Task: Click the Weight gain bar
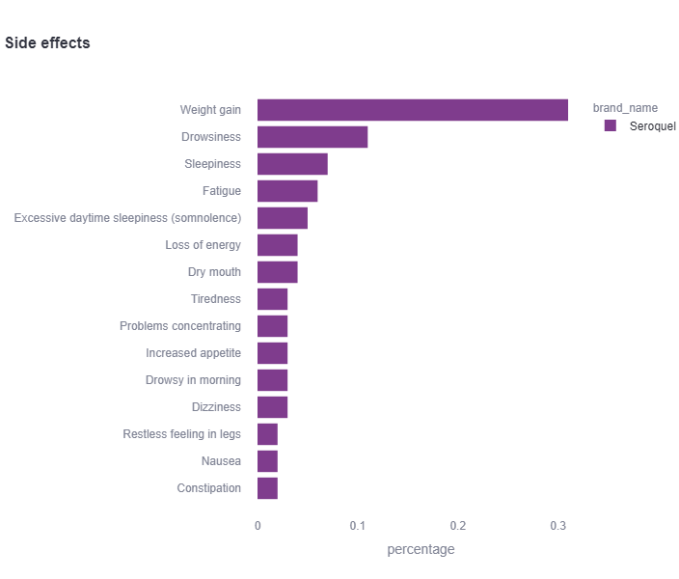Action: point(412,110)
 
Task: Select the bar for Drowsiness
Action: point(312,137)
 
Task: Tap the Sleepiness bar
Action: point(292,164)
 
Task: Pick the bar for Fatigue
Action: point(286,191)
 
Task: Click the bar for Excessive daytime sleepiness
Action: point(282,218)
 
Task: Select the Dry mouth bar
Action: point(277,272)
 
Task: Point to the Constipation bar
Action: point(267,488)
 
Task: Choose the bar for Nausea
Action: point(267,461)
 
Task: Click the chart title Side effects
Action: point(47,43)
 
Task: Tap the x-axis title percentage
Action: point(421,549)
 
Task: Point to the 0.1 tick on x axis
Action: point(358,526)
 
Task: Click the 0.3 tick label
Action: point(558,526)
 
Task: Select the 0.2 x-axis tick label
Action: point(458,526)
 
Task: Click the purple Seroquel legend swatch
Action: point(610,126)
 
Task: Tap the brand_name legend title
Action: point(625,108)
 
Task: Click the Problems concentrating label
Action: point(180,326)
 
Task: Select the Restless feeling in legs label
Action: point(182,434)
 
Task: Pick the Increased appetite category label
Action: point(194,353)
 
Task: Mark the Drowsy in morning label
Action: point(194,380)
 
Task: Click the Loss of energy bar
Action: point(277,245)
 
